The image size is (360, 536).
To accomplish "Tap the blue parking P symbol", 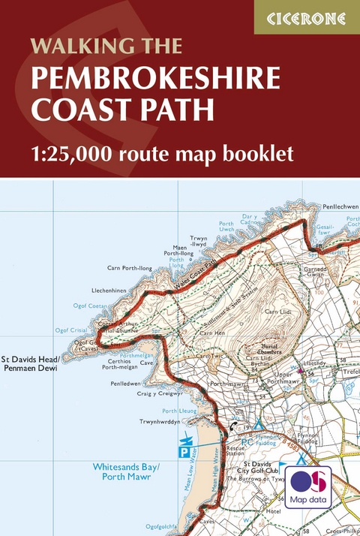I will [181, 452].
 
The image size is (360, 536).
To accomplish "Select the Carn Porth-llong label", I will [129, 267].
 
